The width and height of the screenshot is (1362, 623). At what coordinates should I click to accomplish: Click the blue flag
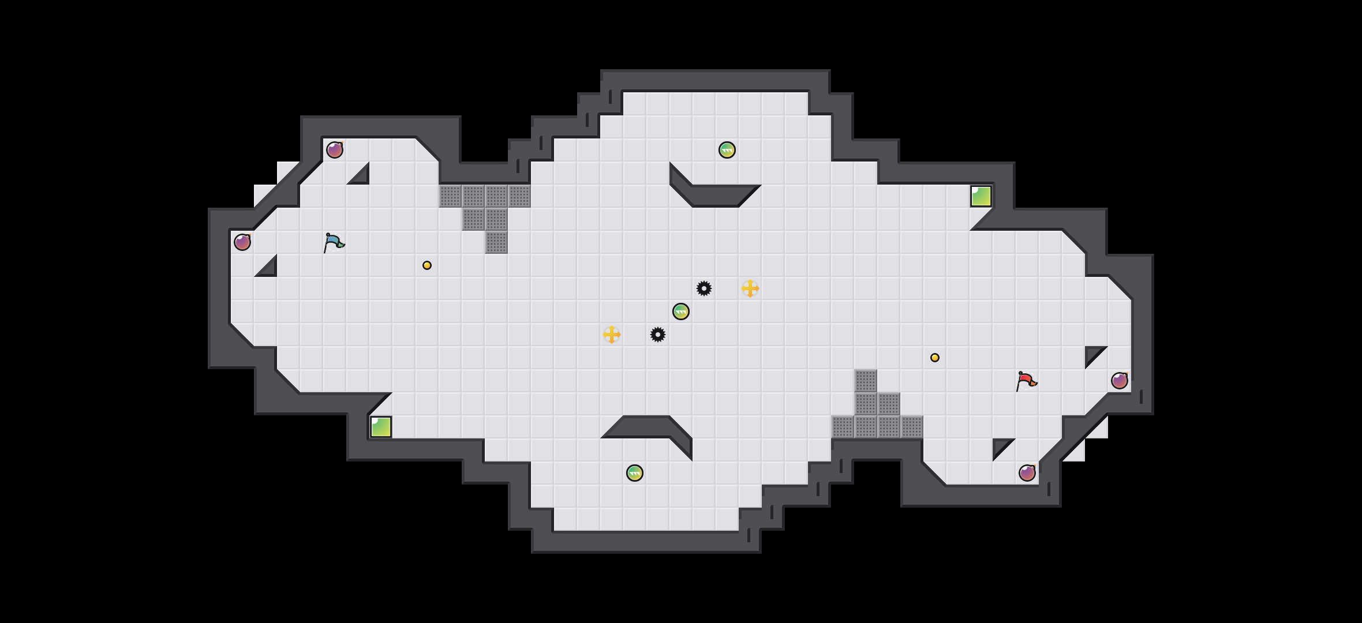pyautogui.click(x=334, y=243)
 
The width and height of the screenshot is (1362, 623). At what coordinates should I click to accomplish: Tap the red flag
pyautogui.click(x=1026, y=381)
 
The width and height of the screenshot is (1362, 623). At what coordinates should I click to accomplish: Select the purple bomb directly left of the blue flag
pyautogui.click(x=242, y=242)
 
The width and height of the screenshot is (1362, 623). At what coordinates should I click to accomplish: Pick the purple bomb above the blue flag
pyautogui.click(x=335, y=150)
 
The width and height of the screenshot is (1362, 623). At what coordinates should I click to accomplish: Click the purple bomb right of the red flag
pyautogui.click(x=1120, y=381)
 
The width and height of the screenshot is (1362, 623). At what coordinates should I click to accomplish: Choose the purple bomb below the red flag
pyautogui.click(x=1027, y=473)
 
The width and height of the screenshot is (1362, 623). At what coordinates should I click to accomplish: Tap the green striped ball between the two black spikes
pyautogui.click(x=681, y=311)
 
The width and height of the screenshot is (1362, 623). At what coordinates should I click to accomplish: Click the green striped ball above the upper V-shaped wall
pyautogui.click(x=727, y=150)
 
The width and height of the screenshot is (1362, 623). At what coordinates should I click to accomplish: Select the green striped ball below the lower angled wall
pyautogui.click(x=635, y=473)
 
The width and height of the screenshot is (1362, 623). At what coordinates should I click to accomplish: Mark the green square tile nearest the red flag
pyautogui.click(x=981, y=196)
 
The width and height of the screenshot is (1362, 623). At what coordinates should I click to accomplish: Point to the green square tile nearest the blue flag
pyautogui.click(x=381, y=427)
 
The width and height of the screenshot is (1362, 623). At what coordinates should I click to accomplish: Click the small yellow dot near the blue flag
pyautogui.click(x=427, y=265)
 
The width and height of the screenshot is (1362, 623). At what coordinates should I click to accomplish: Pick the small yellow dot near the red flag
pyautogui.click(x=935, y=358)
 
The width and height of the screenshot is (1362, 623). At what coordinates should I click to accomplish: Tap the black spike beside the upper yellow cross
pyautogui.click(x=704, y=288)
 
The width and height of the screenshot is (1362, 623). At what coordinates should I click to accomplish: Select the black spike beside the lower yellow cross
pyautogui.click(x=658, y=335)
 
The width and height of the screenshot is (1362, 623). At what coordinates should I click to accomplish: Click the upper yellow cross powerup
pyautogui.click(x=750, y=288)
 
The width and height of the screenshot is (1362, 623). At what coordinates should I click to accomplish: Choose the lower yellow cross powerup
pyautogui.click(x=612, y=335)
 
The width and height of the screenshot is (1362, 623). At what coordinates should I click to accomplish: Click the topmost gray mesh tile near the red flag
pyautogui.click(x=866, y=381)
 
